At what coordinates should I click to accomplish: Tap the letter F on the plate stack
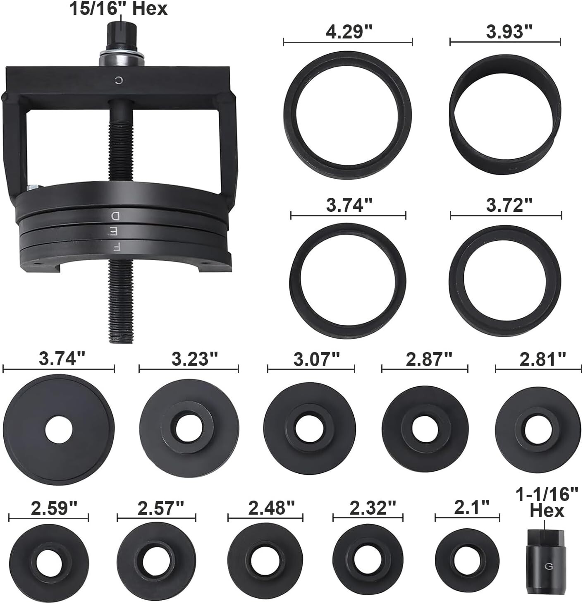coord(117,247)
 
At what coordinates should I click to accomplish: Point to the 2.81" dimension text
coord(542,360)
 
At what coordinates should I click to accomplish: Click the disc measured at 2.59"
coord(49,563)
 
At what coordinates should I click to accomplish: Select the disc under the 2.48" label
coord(265,563)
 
